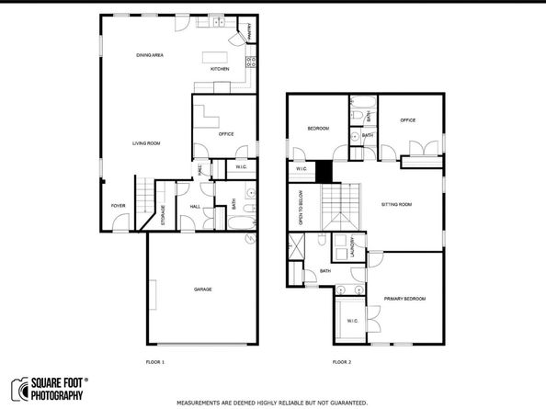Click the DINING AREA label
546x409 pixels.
click(150, 56)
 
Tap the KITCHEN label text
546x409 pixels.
click(220, 70)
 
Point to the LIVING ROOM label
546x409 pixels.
click(146, 143)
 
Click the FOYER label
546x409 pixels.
click(119, 206)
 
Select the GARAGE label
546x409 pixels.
click(202, 290)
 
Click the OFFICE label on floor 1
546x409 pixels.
click(226, 134)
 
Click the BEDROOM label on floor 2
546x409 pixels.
click(318, 129)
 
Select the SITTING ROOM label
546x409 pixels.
click(396, 204)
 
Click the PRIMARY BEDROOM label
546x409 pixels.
click(404, 299)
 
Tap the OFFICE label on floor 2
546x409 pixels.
click(409, 119)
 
